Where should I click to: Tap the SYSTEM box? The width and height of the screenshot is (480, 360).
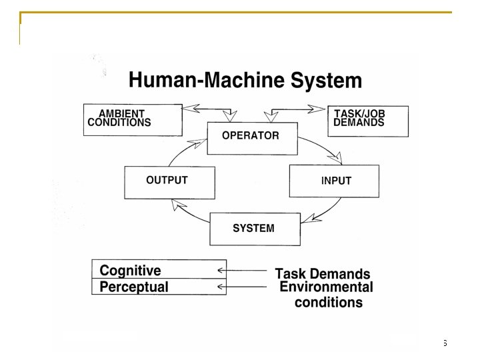[x=253, y=229]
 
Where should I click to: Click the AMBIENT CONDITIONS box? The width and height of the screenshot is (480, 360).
[x=133, y=120]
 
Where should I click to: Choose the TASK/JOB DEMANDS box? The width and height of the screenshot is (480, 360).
[x=367, y=120]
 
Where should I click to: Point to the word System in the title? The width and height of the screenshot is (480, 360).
[x=327, y=81]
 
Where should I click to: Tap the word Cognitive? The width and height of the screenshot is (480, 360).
[x=130, y=271]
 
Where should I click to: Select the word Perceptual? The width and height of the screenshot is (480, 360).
[x=134, y=287]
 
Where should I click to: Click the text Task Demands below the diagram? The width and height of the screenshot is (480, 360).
[x=323, y=274]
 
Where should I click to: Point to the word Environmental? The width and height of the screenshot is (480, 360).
[x=326, y=287]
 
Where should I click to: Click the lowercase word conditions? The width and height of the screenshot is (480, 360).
[x=329, y=303]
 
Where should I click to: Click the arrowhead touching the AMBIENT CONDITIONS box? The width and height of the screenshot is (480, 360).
[x=189, y=107]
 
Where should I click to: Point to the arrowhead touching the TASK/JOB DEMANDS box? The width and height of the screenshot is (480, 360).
[x=319, y=107]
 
